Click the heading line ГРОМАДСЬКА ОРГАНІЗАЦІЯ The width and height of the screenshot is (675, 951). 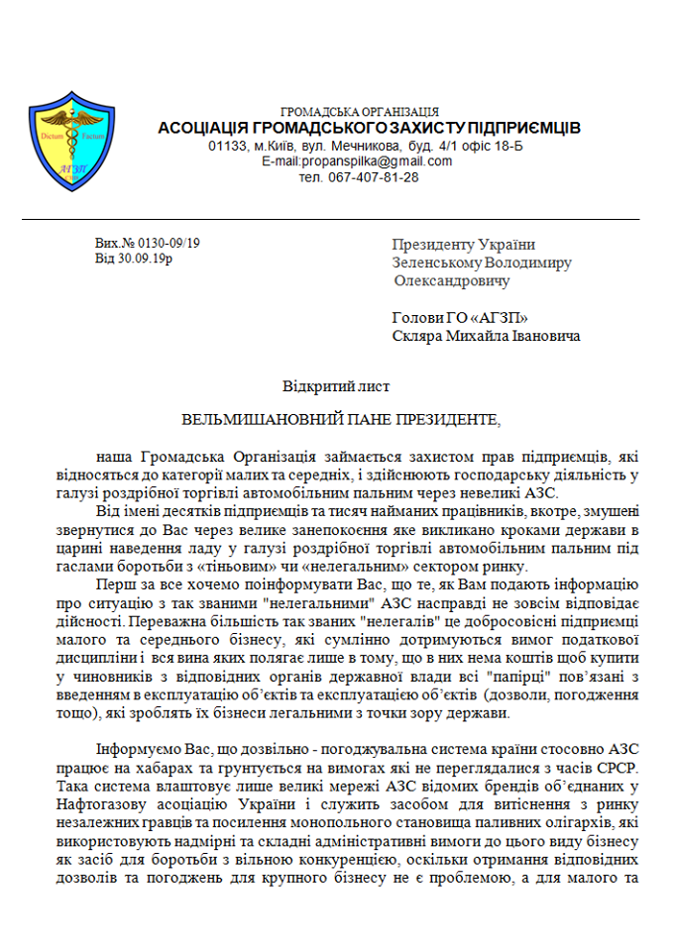click(x=359, y=112)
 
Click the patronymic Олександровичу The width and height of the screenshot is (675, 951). click(x=451, y=280)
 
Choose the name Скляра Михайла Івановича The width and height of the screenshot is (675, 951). click(x=487, y=336)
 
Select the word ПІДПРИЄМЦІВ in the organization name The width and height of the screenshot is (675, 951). click(x=517, y=129)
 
